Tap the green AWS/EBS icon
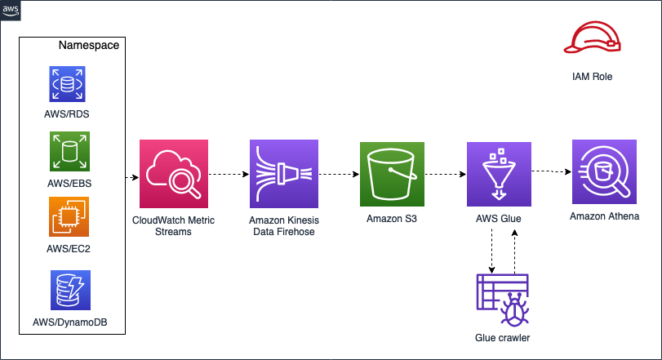click(x=69, y=151)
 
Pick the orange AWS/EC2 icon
click(x=69, y=216)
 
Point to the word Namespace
click(x=89, y=45)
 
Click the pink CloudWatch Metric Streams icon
click(x=174, y=174)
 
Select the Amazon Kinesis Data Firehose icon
click(x=283, y=174)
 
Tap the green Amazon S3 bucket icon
click(x=393, y=174)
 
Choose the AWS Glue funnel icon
click(x=498, y=174)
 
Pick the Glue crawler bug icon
click(x=502, y=299)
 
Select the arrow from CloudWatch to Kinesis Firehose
click(x=229, y=175)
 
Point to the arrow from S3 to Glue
click(x=446, y=175)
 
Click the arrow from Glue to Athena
click(x=552, y=171)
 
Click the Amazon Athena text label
click(x=605, y=216)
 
